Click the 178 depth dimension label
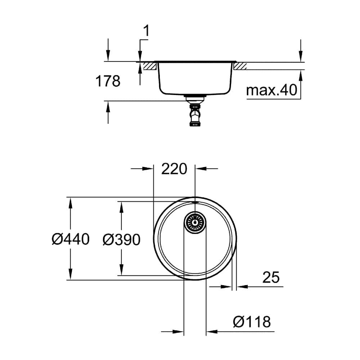(107, 81)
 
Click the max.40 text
(271, 91)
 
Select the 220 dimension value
(174, 168)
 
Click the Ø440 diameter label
(70, 239)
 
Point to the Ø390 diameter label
(121, 239)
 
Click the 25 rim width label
(271, 277)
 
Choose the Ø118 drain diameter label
(252, 321)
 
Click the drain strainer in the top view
(195, 222)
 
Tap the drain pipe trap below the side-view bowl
(194, 114)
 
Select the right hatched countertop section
(240, 66)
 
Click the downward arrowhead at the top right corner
(301, 56)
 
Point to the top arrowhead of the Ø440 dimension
(70, 202)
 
